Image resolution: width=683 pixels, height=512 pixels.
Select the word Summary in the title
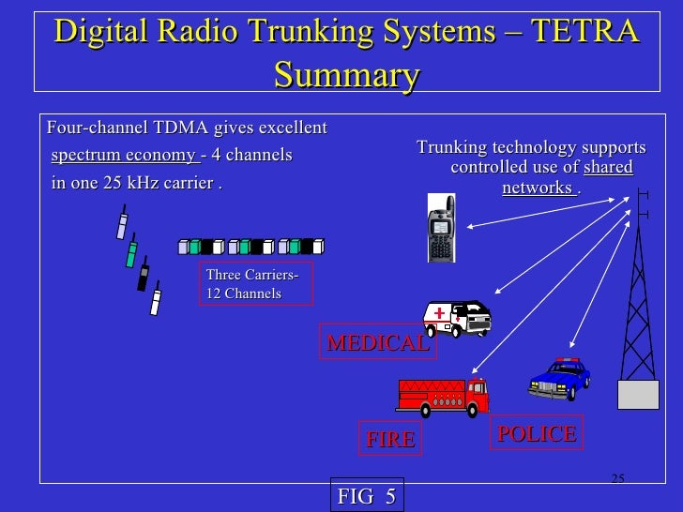(x=346, y=74)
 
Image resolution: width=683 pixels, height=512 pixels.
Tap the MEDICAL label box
(x=376, y=343)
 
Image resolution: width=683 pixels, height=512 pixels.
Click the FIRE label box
(x=390, y=439)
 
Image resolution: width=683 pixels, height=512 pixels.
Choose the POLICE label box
(x=537, y=433)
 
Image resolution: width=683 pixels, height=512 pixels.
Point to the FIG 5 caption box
(x=366, y=496)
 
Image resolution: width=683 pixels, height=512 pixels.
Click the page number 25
(x=616, y=479)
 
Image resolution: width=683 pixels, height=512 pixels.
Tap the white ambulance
(x=457, y=318)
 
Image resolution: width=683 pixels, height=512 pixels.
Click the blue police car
(x=559, y=377)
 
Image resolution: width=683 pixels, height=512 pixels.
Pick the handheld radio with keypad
(x=442, y=231)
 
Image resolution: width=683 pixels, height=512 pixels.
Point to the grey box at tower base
(x=638, y=394)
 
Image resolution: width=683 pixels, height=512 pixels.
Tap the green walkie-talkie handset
(x=132, y=253)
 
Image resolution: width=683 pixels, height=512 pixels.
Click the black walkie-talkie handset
(x=144, y=278)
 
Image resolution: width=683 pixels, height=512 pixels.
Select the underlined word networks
(x=539, y=188)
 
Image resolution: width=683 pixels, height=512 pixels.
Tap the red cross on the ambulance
(x=438, y=314)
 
